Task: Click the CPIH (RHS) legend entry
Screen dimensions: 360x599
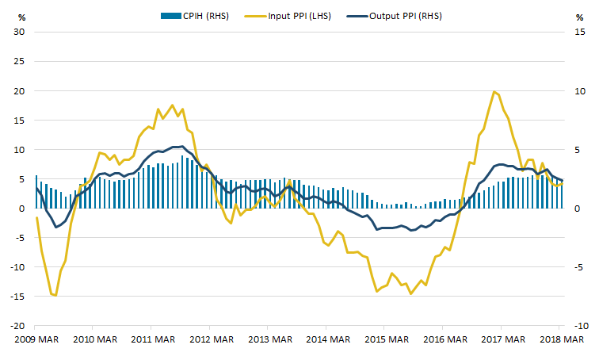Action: coord(195,15)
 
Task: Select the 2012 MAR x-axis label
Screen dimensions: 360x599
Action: coord(210,340)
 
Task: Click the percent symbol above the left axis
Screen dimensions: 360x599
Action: coord(21,16)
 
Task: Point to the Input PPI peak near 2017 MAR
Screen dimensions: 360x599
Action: coord(494,91)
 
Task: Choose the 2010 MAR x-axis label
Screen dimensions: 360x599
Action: coord(93,340)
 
